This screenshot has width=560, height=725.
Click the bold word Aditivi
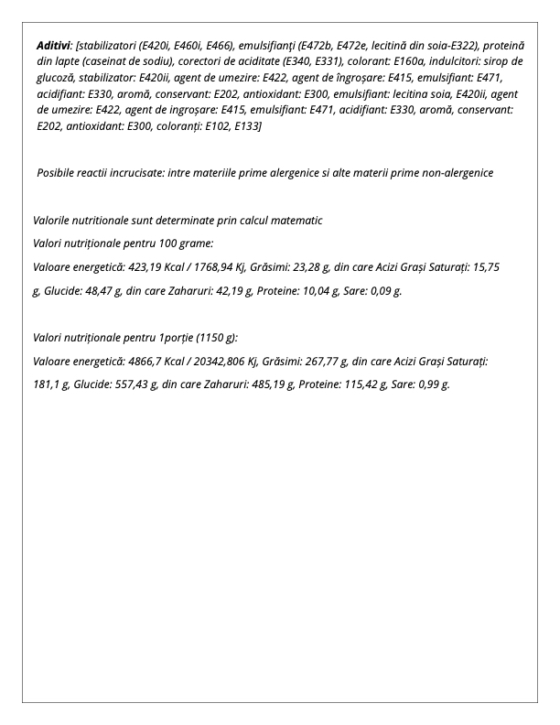coord(53,45)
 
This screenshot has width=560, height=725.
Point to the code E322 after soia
coord(490,45)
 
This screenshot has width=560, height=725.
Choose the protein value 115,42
coord(351,385)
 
